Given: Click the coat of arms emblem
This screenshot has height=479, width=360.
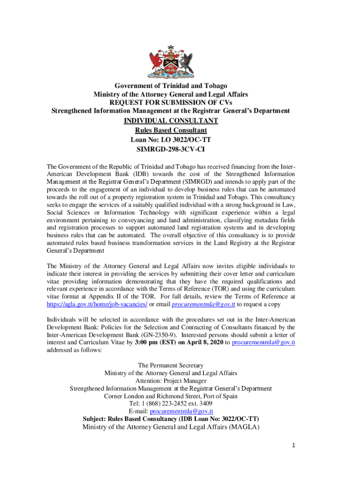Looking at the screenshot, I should click(x=170, y=62).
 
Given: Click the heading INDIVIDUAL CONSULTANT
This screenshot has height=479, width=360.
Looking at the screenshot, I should click(x=171, y=121).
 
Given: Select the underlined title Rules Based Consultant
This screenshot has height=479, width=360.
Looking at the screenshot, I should click(x=171, y=131).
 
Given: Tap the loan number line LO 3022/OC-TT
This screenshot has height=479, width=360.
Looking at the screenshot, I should click(x=171, y=140).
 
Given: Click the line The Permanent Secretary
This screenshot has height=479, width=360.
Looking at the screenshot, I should click(x=171, y=365).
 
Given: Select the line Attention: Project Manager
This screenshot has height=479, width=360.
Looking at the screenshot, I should click(x=171, y=381).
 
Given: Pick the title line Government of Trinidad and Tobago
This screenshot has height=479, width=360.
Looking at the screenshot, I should click(x=171, y=86).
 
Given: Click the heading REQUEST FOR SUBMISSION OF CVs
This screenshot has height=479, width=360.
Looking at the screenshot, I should click(x=171, y=102).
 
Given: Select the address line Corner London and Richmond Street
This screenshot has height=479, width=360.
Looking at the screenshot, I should click(x=171, y=396).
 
